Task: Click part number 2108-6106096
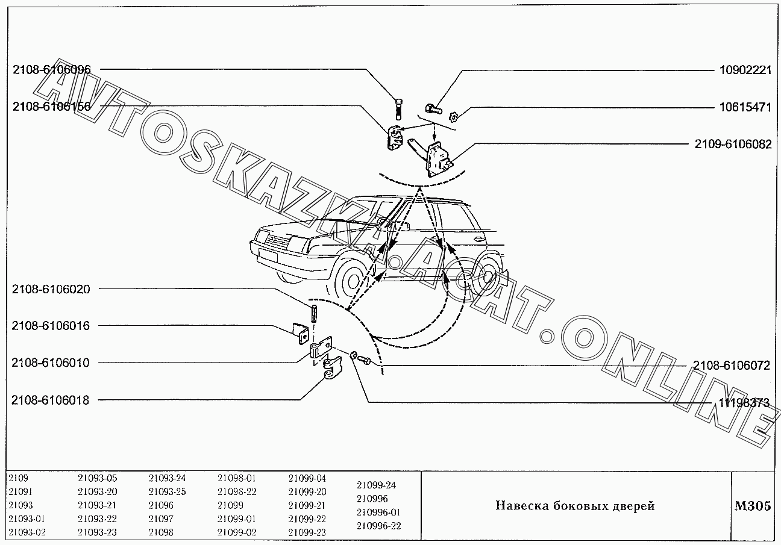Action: pyautogui.click(x=52, y=70)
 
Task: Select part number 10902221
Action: pyautogui.click(x=745, y=70)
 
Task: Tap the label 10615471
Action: pyautogui.click(x=745, y=107)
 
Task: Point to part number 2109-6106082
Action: pyautogui.click(x=733, y=144)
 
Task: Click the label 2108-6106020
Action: pyautogui.click(x=51, y=289)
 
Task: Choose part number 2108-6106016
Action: pyautogui.click(x=51, y=326)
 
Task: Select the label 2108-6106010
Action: pyautogui.click(x=51, y=363)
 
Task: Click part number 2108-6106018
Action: pyautogui.click(x=51, y=400)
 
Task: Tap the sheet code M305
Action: pyautogui.click(x=753, y=506)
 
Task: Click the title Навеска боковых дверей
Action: pyautogui.click(x=576, y=506)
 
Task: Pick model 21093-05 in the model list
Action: pyautogui.click(x=97, y=478)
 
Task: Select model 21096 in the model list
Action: pyautogui.click(x=161, y=505)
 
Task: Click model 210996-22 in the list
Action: pyautogui.click(x=378, y=526)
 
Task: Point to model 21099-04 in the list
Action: pyautogui.click(x=307, y=478)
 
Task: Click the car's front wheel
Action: pyautogui.click(x=353, y=281)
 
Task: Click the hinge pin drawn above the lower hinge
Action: pyautogui.click(x=313, y=314)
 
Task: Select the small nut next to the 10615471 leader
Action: pyautogui.click(x=453, y=117)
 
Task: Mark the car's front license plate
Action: pyautogui.click(x=268, y=257)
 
